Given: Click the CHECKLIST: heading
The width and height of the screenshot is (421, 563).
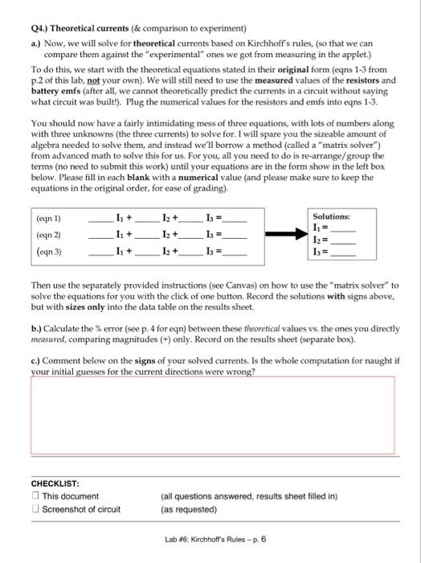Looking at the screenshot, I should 55,483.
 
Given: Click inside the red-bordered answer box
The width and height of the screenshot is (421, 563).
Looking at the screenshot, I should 212,413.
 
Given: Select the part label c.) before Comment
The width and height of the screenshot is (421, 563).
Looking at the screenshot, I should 35,362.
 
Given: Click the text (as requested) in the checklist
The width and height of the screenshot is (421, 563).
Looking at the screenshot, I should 188,509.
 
